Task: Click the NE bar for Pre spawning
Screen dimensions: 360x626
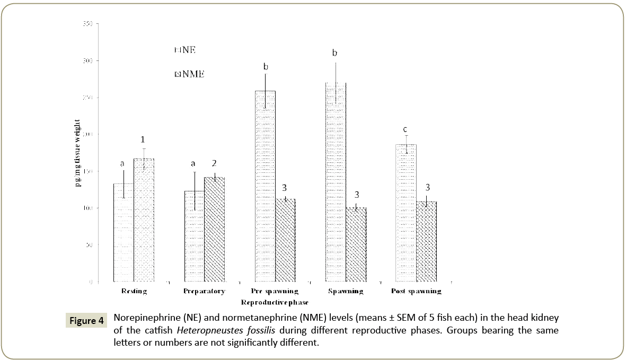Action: click(x=265, y=186)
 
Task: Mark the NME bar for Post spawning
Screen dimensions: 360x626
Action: click(x=427, y=241)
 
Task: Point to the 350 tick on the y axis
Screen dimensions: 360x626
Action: click(x=88, y=24)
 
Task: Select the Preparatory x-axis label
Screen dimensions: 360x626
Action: click(x=204, y=292)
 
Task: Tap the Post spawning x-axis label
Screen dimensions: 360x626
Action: click(x=416, y=292)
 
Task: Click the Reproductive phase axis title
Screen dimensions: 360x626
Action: click(x=275, y=303)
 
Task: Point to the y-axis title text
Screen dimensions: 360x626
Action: click(x=78, y=153)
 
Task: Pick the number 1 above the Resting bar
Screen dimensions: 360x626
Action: click(x=142, y=139)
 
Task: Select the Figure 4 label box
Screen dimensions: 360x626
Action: click(x=86, y=321)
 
